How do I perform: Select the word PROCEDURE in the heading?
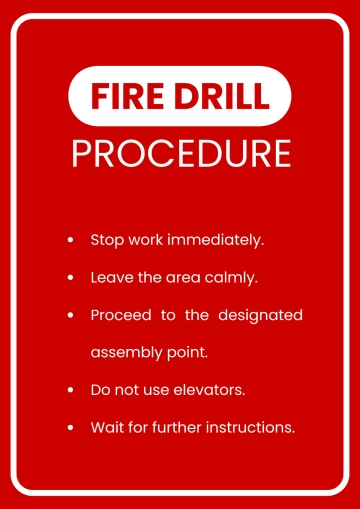click(x=181, y=153)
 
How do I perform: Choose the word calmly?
click(x=233, y=277)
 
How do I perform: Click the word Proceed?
click(x=120, y=315)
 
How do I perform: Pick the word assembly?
click(x=125, y=353)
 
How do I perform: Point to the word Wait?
click(x=106, y=426)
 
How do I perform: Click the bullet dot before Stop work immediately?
click(x=70, y=241)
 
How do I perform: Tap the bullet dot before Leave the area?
click(x=70, y=278)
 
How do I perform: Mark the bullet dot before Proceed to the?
click(x=70, y=316)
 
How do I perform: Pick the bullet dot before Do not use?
click(x=70, y=390)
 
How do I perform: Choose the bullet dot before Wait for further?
click(x=70, y=427)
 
